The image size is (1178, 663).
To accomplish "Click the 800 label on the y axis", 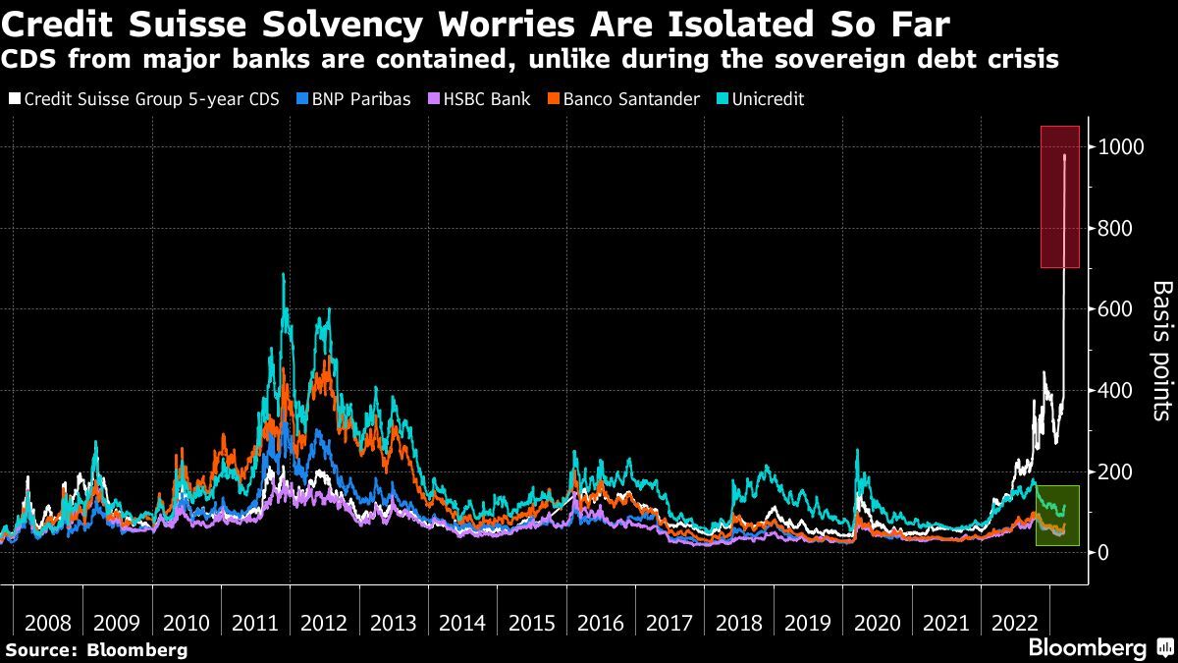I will pos(1117,229).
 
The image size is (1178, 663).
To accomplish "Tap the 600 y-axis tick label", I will pos(1117,309).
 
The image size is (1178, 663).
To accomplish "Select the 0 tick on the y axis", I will pos(1103,553).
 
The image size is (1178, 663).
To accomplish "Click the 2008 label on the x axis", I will pos(47,623).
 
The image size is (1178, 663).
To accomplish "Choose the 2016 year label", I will pos(601,623).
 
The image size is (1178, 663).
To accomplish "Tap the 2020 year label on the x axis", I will pos(878,623).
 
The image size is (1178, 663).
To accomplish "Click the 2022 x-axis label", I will pos(1016,623).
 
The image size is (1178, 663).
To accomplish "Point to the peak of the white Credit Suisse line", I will pos(1065,155).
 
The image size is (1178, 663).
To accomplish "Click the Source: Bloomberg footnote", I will pos(96,649).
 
